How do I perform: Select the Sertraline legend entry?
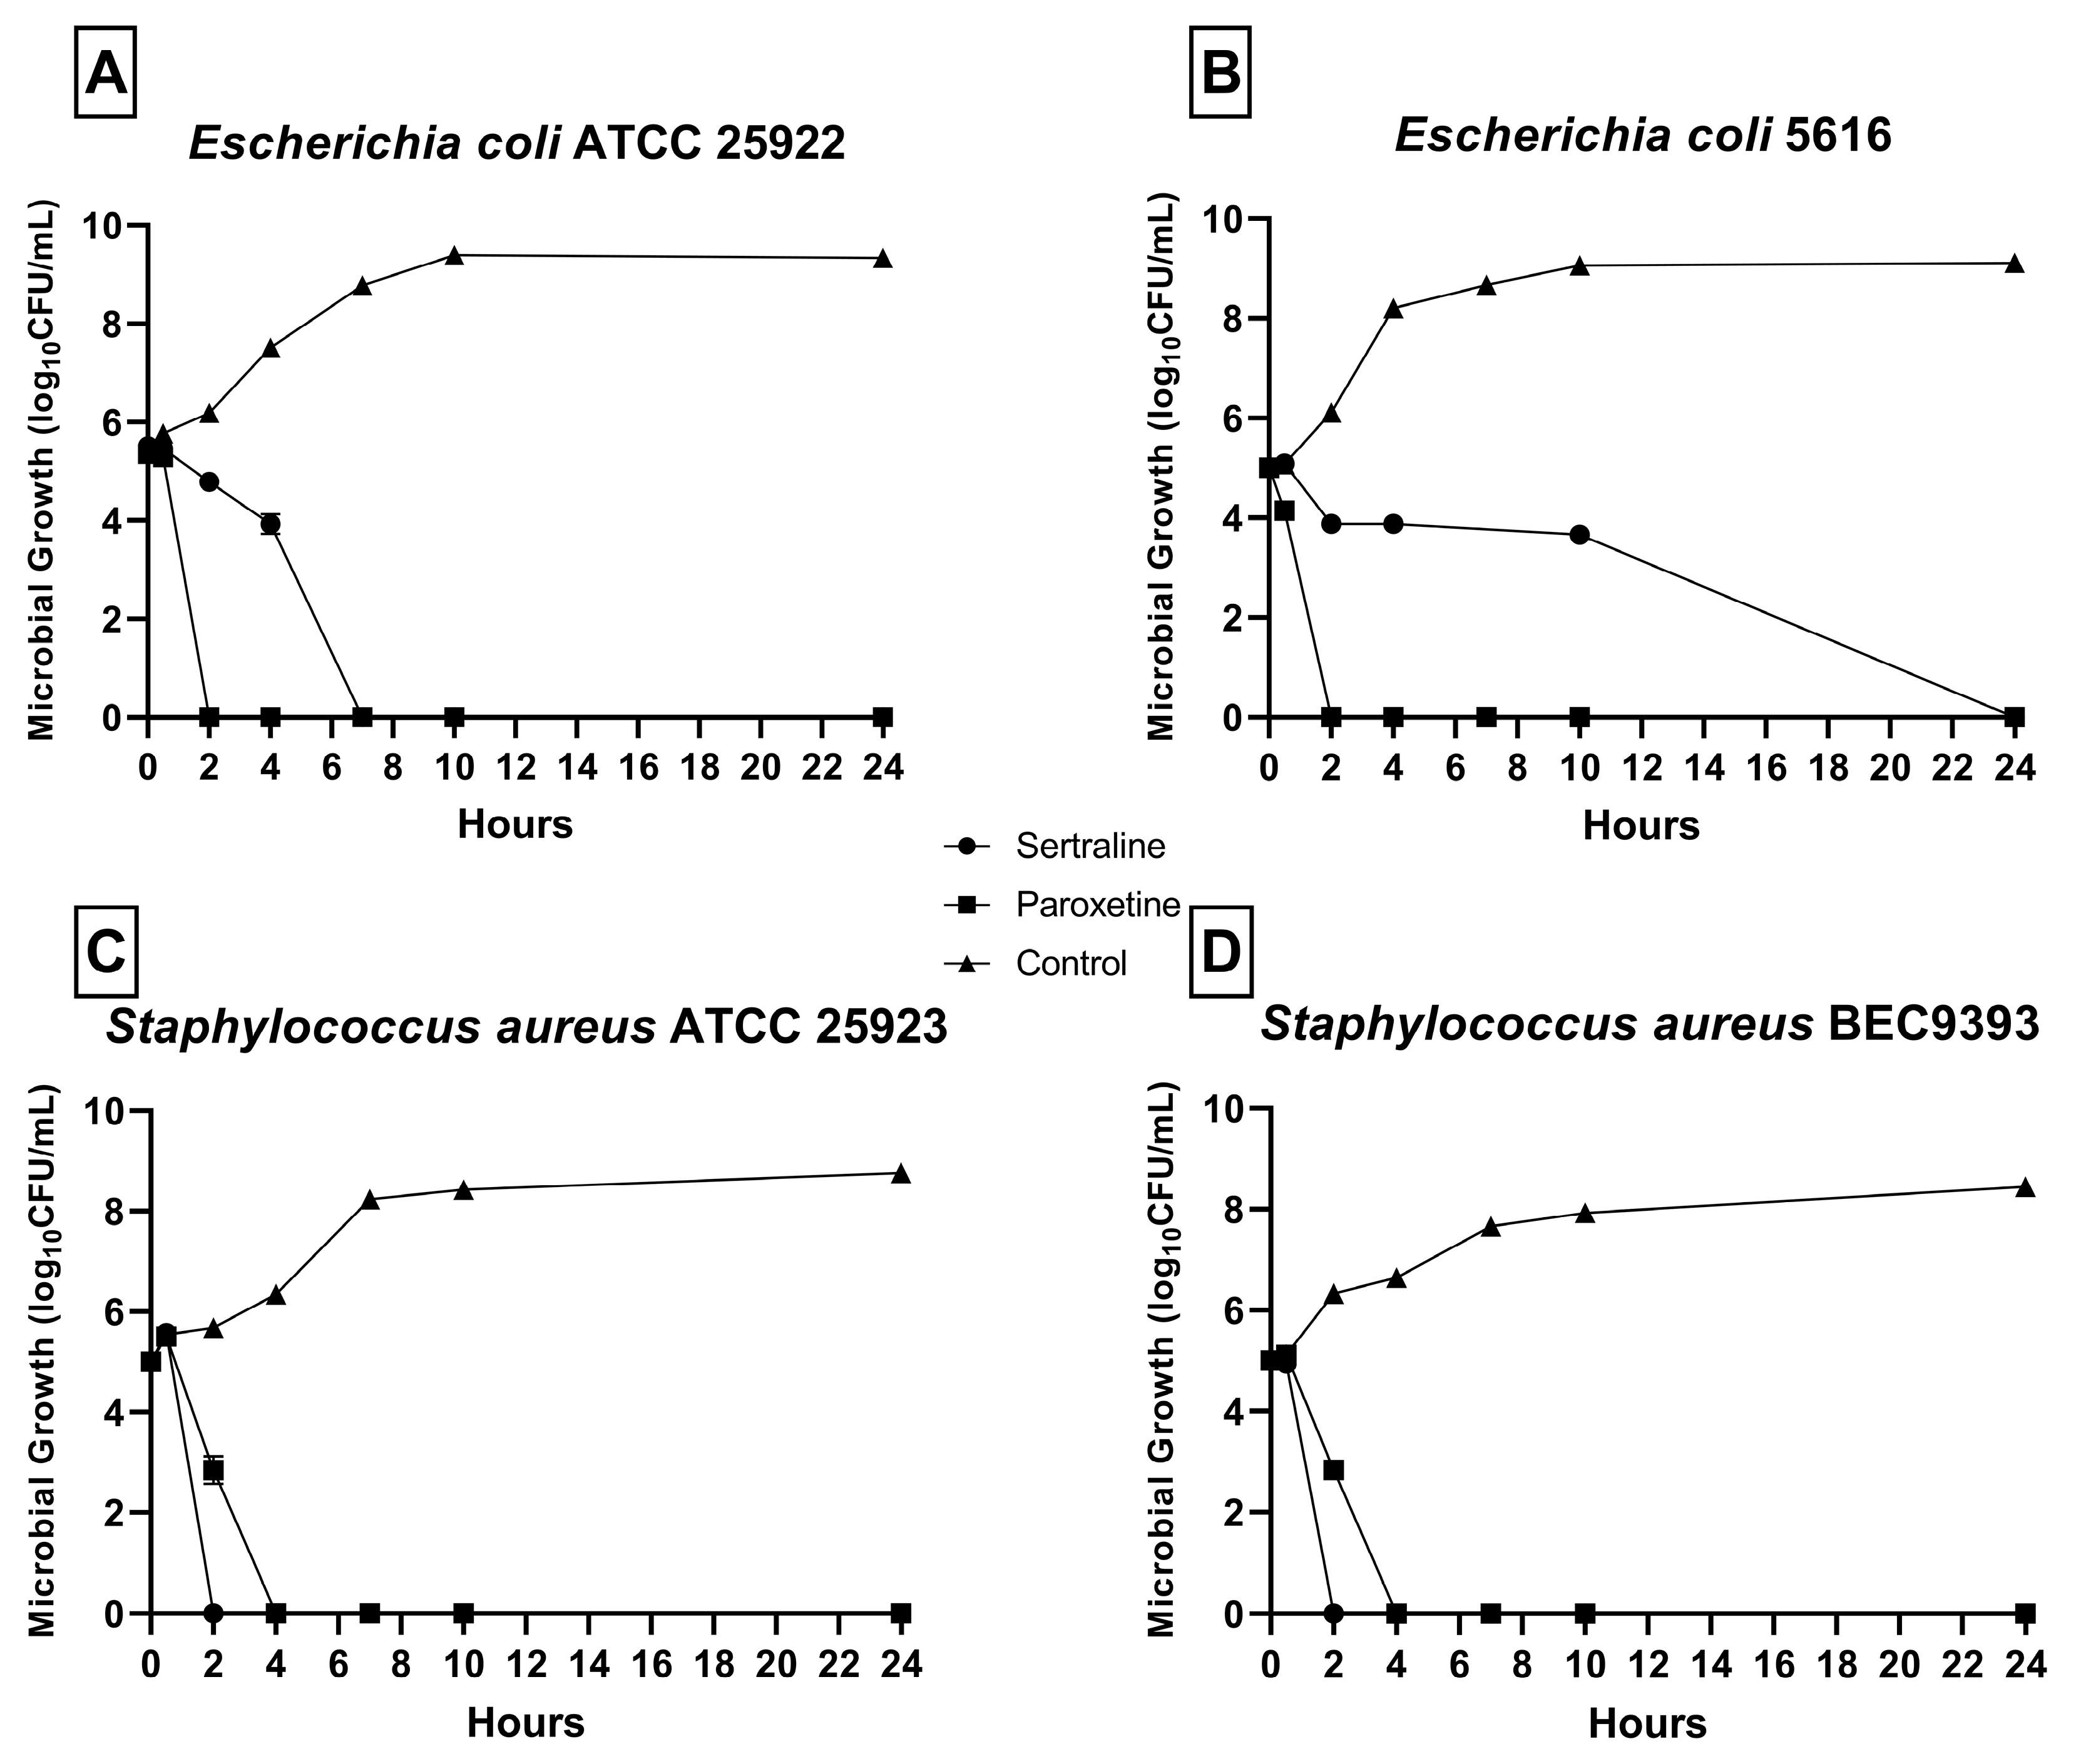[x=1090, y=846]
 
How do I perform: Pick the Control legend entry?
[x=1071, y=962]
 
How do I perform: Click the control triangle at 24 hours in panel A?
[x=882, y=258]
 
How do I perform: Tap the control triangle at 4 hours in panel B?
[x=1393, y=309]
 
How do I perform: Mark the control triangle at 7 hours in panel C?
[x=370, y=1200]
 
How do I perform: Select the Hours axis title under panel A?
[x=515, y=824]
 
